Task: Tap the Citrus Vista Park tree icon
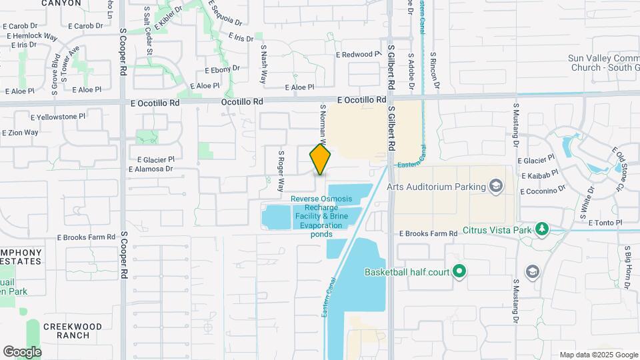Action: click(x=542, y=230)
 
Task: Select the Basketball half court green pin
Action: click(x=459, y=271)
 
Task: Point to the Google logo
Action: click(x=22, y=351)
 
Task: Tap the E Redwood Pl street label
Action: click(x=359, y=54)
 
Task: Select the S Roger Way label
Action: click(x=281, y=171)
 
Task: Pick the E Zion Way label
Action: click(x=20, y=133)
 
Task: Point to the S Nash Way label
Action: click(x=264, y=64)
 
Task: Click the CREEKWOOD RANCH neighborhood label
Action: click(x=73, y=331)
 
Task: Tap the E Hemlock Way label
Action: click(x=31, y=35)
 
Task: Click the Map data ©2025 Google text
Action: click(x=599, y=355)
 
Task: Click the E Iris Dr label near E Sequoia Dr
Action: click(x=241, y=38)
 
